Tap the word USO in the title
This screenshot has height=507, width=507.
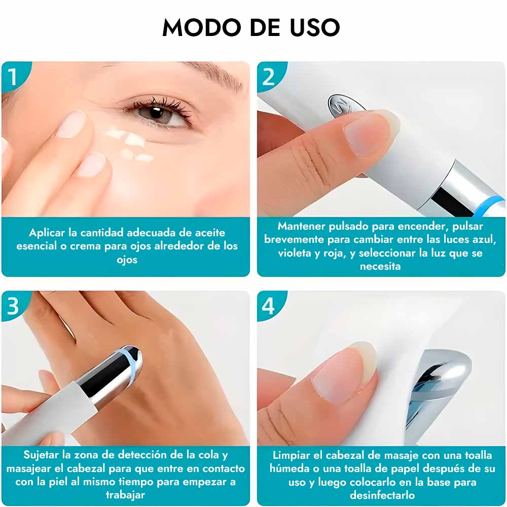315,27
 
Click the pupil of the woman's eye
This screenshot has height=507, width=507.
156,113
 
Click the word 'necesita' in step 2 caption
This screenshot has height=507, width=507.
380,266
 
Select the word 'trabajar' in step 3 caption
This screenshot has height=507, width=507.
125,495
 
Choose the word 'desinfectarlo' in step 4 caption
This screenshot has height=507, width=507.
382,495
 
